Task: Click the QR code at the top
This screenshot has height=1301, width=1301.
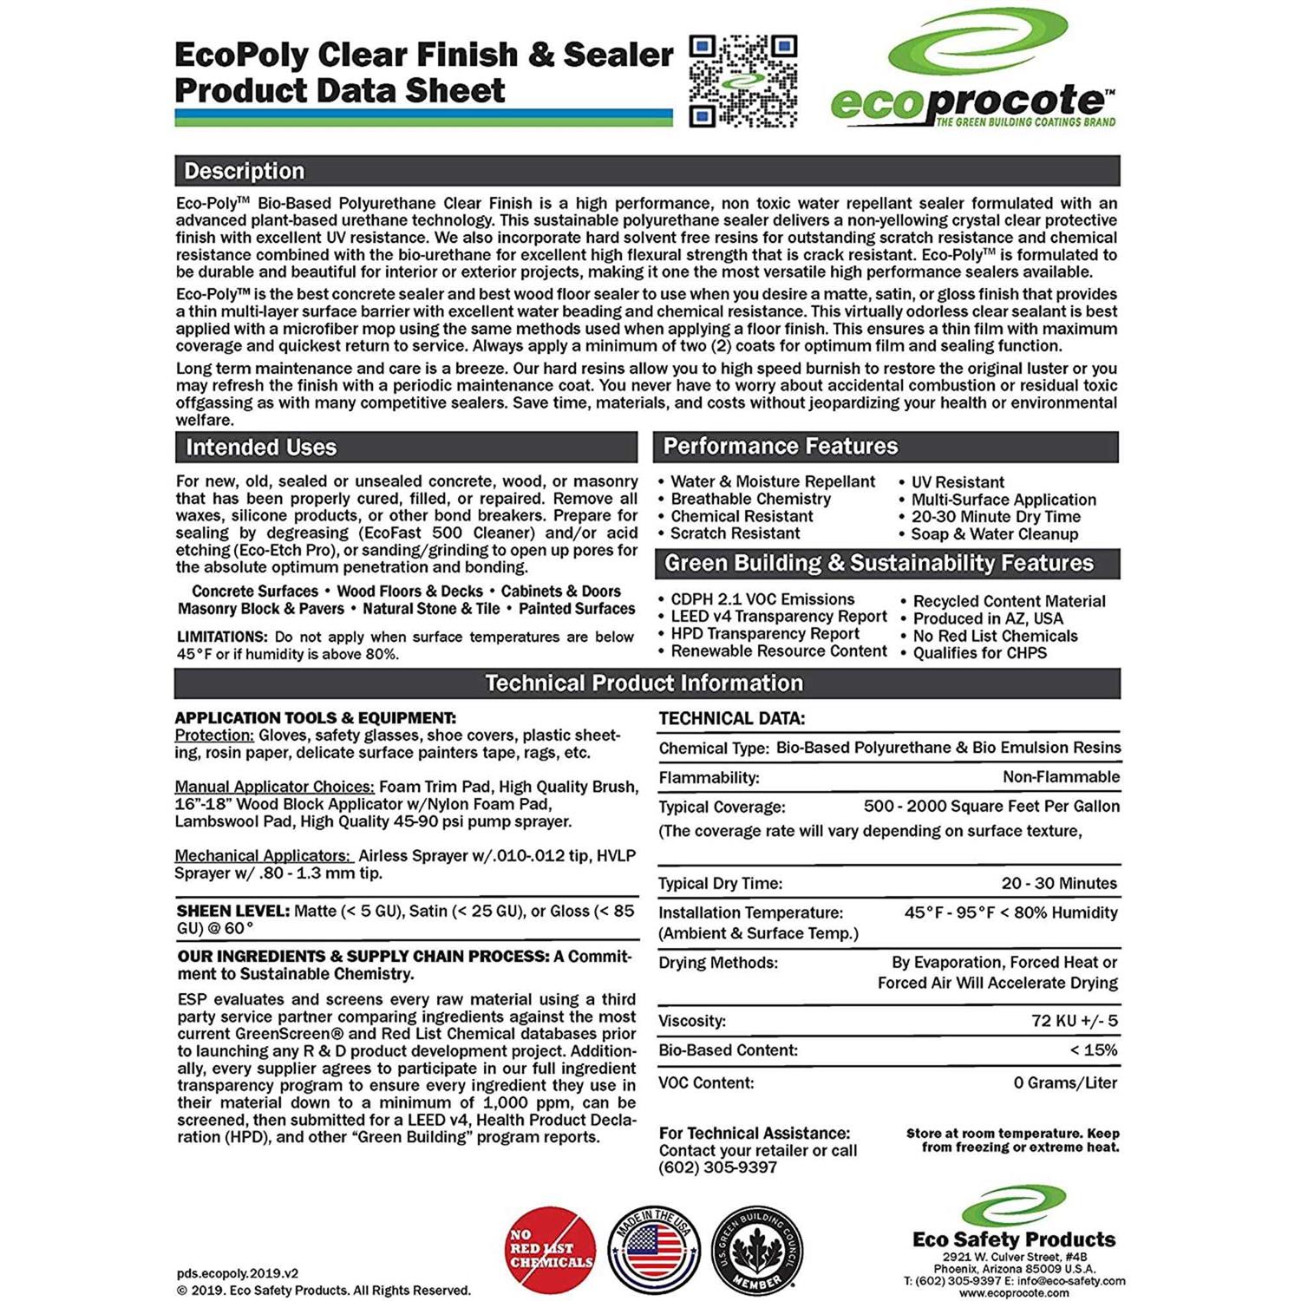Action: (x=742, y=81)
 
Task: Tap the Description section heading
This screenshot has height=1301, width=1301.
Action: (x=245, y=171)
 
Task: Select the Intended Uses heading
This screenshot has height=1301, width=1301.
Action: (x=261, y=448)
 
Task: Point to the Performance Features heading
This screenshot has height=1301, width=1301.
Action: (x=780, y=447)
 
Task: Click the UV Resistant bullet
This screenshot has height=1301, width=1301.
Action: (x=957, y=482)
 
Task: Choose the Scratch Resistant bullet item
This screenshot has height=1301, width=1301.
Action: (x=735, y=533)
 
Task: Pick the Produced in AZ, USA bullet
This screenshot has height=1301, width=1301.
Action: (x=987, y=618)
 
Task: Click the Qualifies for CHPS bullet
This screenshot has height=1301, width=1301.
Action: (x=979, y=653)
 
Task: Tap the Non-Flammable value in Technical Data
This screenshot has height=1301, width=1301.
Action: (x=1061, y=777)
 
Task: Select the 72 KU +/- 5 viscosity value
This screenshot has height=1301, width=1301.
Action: (x=1074, y=1021)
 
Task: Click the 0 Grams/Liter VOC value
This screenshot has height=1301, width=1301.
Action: (x=1065, y=1082)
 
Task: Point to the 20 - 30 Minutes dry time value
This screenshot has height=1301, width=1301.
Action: (x=1059, y=883)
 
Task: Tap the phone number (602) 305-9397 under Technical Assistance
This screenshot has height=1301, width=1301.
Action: (x=718, y=1167)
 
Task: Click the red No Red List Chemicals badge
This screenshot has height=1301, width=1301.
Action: (x=551, y=1249)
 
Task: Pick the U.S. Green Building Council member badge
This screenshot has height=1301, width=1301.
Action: (x=757, y=1249)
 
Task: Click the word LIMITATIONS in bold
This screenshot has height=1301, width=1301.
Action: (x=222, y=637)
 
